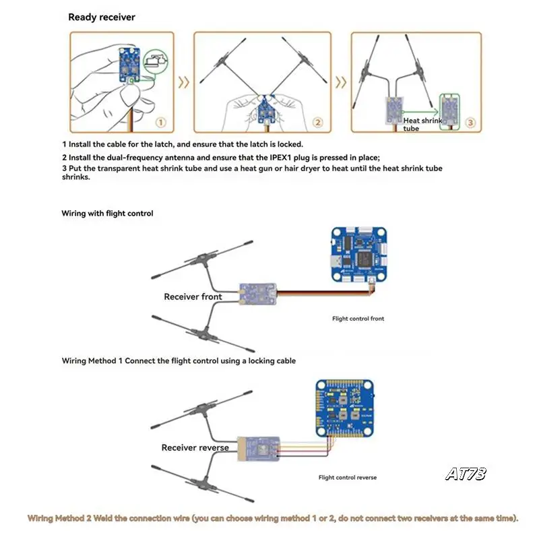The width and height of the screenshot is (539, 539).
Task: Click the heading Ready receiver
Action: click(x=101, y=17)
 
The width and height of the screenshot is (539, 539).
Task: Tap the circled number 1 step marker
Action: click(x=160, y=123)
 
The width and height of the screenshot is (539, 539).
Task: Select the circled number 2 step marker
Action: click(x=317, y=123)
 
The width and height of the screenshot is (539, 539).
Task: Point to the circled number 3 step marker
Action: click(x=470, y=123)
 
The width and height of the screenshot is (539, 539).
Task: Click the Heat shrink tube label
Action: click(x=421, y=124)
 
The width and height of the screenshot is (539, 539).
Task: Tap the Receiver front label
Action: click(x=193, y=296)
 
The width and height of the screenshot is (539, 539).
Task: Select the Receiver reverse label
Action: click(x=195, y=447)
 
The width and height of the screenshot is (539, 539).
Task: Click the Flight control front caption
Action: click(x=358, y=319)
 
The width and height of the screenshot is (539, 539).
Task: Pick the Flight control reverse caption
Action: click(x=348, y=478)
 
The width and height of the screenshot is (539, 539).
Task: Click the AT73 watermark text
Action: click(x=465, y=474)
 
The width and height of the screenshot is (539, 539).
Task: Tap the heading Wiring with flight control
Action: click(x=107, y=214)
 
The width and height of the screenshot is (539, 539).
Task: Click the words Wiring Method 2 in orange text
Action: click(x=59, y=519)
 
